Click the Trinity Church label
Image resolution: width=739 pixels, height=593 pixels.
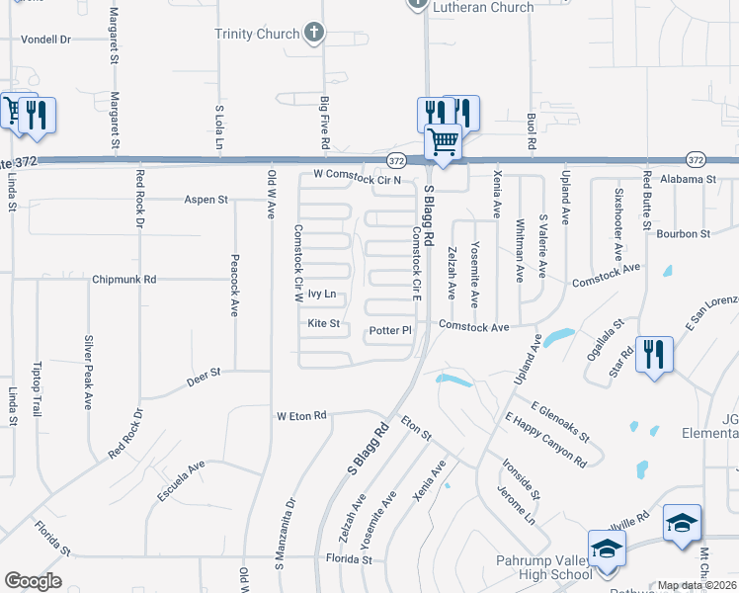pyautogui.click(x=257, y=34)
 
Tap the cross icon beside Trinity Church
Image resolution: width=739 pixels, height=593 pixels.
pyautogui.click(x=314, y=34)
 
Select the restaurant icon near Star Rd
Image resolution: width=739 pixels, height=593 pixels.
pyautogui.click(x=654, y=354)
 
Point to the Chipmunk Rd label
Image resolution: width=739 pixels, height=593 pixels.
pyautogui.click(x=123, y=280)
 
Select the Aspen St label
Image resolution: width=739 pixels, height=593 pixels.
pyautogui.click(x=205, y=200)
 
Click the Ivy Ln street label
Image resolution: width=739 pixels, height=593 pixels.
pyautogui.click(x=322, y=294)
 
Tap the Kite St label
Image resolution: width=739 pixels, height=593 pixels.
pyautogui.click(x=323, y=323)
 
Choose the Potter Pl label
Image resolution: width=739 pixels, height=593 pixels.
pyautogui.click(x=390, y=330)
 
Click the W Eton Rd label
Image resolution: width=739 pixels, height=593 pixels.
pyautogui.click(x=301, y=416)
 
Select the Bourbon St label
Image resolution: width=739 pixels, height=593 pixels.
pyautogui.click(x=686, y=234)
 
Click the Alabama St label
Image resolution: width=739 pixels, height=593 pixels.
pyautogui.click(x=688, y=180)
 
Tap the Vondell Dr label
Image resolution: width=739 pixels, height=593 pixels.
pyautogui.click(x=46, y=40)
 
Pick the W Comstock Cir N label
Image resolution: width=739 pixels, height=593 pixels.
pyautogui.click(x=357, y=178)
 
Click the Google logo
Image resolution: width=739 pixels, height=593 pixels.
pyautogui.click(x=33, y=581)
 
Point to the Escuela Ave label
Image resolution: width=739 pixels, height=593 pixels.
pyautogui.click(x=180, y=479)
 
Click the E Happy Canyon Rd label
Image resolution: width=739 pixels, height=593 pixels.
pyautogui.click(x=544, y=439)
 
